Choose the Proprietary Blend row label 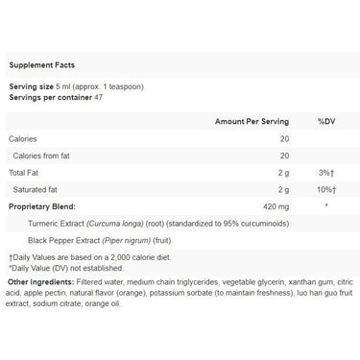[x=44, y=205]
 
